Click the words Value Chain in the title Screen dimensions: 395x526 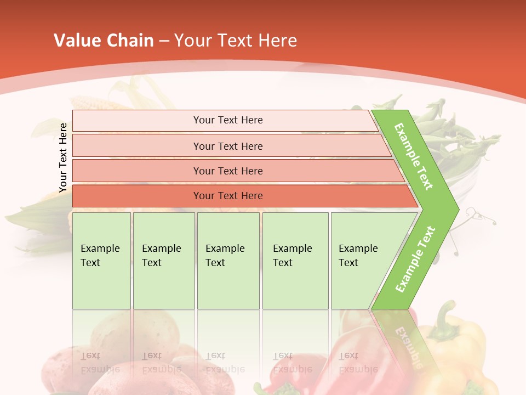(x=104, y=41)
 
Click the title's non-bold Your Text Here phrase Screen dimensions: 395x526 (x=236, y=41)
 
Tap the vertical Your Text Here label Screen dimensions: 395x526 (x=63, y=158)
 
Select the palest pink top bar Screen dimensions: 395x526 (x=225, y=121)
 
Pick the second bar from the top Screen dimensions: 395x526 (x=230, y=146)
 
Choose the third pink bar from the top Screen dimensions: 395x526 (x=236, y=171)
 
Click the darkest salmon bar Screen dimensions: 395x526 (x=241, y=196)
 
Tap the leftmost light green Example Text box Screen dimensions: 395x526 (x=101, y=261)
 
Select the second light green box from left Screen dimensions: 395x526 (x=164, y=261)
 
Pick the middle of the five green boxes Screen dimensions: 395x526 (x=228, y=261)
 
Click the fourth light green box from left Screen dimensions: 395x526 (x=295, y=261)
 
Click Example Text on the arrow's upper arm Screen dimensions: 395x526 (x=414, y=156)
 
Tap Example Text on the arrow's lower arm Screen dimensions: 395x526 (x=415, y=259)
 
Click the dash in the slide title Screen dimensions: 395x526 (x=164, y=41)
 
